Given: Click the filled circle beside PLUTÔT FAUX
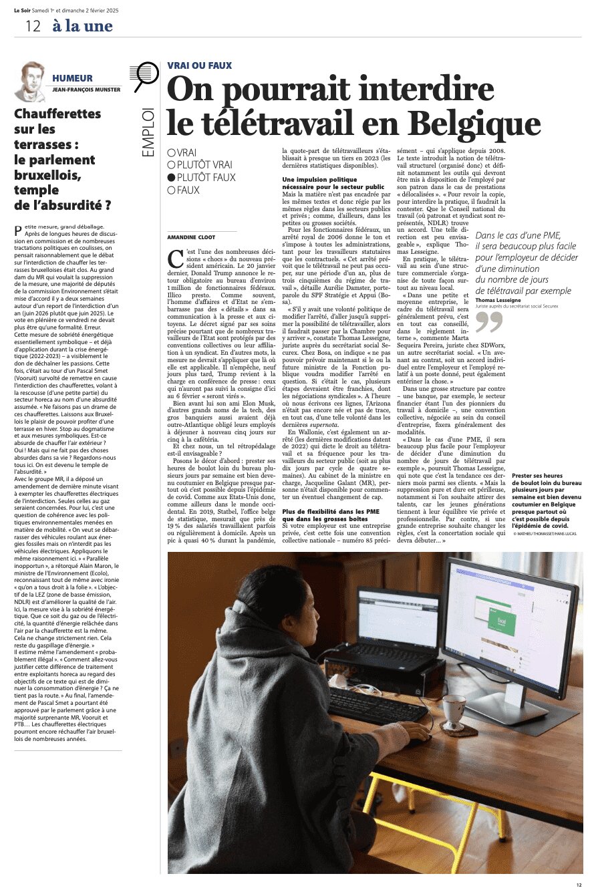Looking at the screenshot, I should [x=171, y=178].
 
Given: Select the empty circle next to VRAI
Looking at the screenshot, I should [x=171, y=152].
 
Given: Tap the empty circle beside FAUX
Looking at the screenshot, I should [x=171, y=190].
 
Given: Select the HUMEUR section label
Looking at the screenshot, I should [x=72, y=78].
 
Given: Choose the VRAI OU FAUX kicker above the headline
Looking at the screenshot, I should [x=199, y=65].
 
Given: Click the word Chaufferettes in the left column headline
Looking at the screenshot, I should [x=57, y=114].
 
